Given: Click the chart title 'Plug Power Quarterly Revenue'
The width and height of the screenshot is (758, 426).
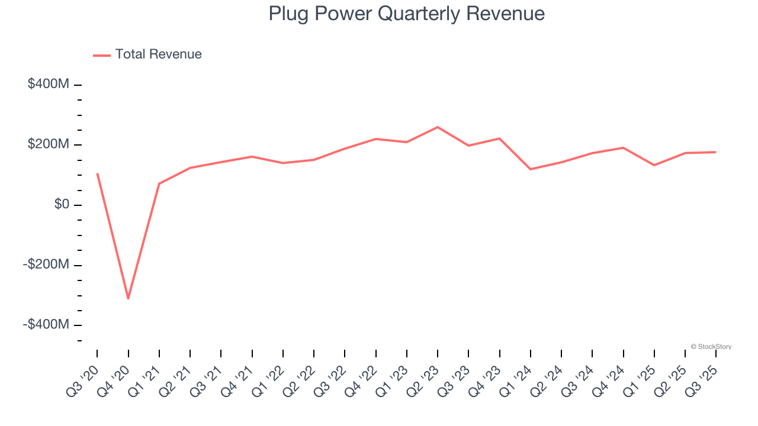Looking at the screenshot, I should coord(406,13).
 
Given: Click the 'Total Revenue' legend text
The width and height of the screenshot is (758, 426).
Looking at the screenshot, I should coord(158,54).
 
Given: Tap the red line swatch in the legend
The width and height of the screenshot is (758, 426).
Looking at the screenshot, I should coord(102,55).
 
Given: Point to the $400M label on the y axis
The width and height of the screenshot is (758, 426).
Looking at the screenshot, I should coord(49,84).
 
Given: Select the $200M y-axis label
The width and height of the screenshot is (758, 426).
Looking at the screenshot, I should coord(49,144).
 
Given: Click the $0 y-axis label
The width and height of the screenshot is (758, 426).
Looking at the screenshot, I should coord(62,205).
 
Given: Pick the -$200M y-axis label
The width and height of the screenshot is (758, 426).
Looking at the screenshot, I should coord(46,264).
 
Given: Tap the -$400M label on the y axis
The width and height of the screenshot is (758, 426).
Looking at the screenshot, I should coord(46,325).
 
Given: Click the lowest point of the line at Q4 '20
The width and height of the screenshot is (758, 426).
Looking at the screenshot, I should coord(128,299).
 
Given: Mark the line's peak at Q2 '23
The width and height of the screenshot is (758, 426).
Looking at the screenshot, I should coord(438,127).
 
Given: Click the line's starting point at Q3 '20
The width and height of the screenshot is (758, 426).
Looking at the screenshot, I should coord(97,173).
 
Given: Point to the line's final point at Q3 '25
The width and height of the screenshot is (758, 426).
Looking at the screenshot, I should coord(715,152).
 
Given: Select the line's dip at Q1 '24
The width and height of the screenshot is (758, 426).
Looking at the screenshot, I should coord(530,169).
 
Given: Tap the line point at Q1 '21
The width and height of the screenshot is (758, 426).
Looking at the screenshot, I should coord(159,183).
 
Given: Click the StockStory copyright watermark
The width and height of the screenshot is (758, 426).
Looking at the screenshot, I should coord(711,347).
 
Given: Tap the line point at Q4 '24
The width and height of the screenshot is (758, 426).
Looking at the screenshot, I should coord(623,147).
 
